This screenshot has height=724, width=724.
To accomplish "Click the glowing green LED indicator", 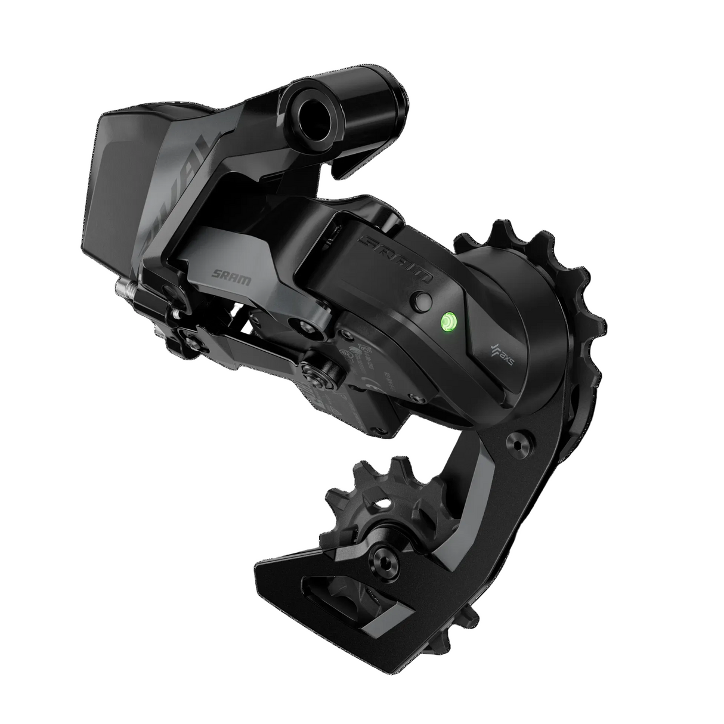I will [x=447, y=322].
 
